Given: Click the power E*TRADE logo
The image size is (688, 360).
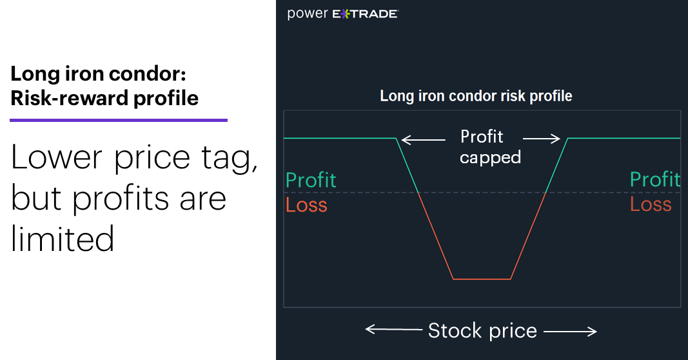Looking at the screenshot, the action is tap(342, 14).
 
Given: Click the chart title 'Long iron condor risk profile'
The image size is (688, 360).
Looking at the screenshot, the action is tap(476, 95).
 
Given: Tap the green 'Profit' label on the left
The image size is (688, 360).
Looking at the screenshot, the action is tap(311, 180).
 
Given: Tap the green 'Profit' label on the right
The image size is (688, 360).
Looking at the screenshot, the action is tap(654, 179).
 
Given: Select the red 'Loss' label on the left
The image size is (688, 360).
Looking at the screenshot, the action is tap(306, 205).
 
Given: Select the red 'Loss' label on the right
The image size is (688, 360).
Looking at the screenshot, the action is tap(651, 204).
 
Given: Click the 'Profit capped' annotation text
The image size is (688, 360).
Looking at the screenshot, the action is tap(490, 146).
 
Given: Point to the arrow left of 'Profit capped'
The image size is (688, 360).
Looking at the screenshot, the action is tap(424, 140).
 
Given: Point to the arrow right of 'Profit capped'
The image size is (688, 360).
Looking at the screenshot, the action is tap(542, 139).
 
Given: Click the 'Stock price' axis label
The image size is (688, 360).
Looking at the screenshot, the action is tap(482, 330).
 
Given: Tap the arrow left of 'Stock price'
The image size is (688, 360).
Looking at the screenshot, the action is tap(393, 329).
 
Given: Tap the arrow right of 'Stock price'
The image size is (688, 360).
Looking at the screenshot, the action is tap(571, 332).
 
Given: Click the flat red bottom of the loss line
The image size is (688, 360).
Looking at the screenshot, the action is tap(482, 279).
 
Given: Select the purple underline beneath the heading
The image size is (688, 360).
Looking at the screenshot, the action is tap(119, 120).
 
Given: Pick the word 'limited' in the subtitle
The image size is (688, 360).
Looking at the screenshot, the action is tap(63, 239).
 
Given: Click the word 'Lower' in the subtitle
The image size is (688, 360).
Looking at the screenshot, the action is tap(57, 157).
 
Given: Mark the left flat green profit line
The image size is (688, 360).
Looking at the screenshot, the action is tap(340, 138).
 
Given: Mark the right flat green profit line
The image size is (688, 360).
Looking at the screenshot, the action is tap(624, 138).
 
